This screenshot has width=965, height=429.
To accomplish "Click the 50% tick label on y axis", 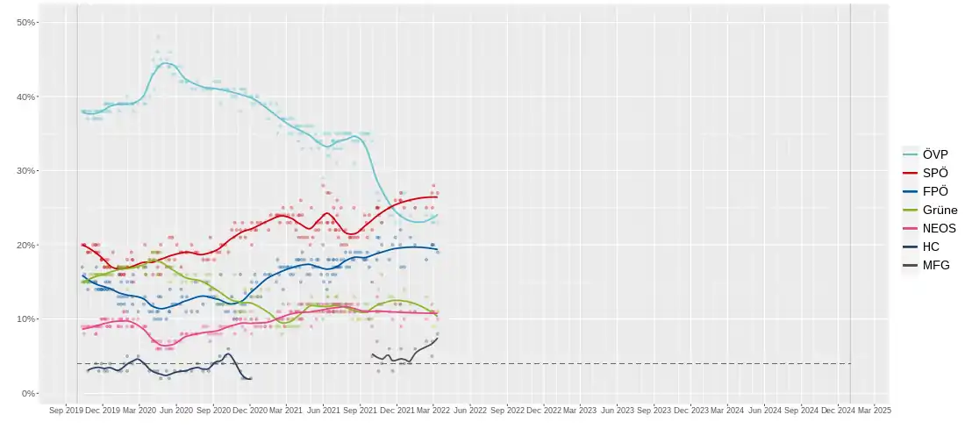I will pos(27,22).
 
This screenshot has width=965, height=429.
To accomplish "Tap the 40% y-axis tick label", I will pos(27,97).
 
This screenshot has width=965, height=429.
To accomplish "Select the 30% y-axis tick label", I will pos(27,170).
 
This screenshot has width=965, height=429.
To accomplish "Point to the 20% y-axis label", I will pos(27,245).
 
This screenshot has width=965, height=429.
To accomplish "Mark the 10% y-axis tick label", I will pos(27,318).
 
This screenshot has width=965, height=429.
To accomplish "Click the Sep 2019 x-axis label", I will pos(66,410).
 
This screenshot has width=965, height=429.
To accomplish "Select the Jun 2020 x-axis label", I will pos(177,410).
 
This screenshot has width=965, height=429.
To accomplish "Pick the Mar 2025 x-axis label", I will pos(874,410).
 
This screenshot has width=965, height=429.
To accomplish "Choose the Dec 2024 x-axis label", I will pos(838,410).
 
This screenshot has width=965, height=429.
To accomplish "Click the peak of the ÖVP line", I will pos(166,64).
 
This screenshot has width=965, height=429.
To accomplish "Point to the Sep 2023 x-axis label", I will pos(655,410).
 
